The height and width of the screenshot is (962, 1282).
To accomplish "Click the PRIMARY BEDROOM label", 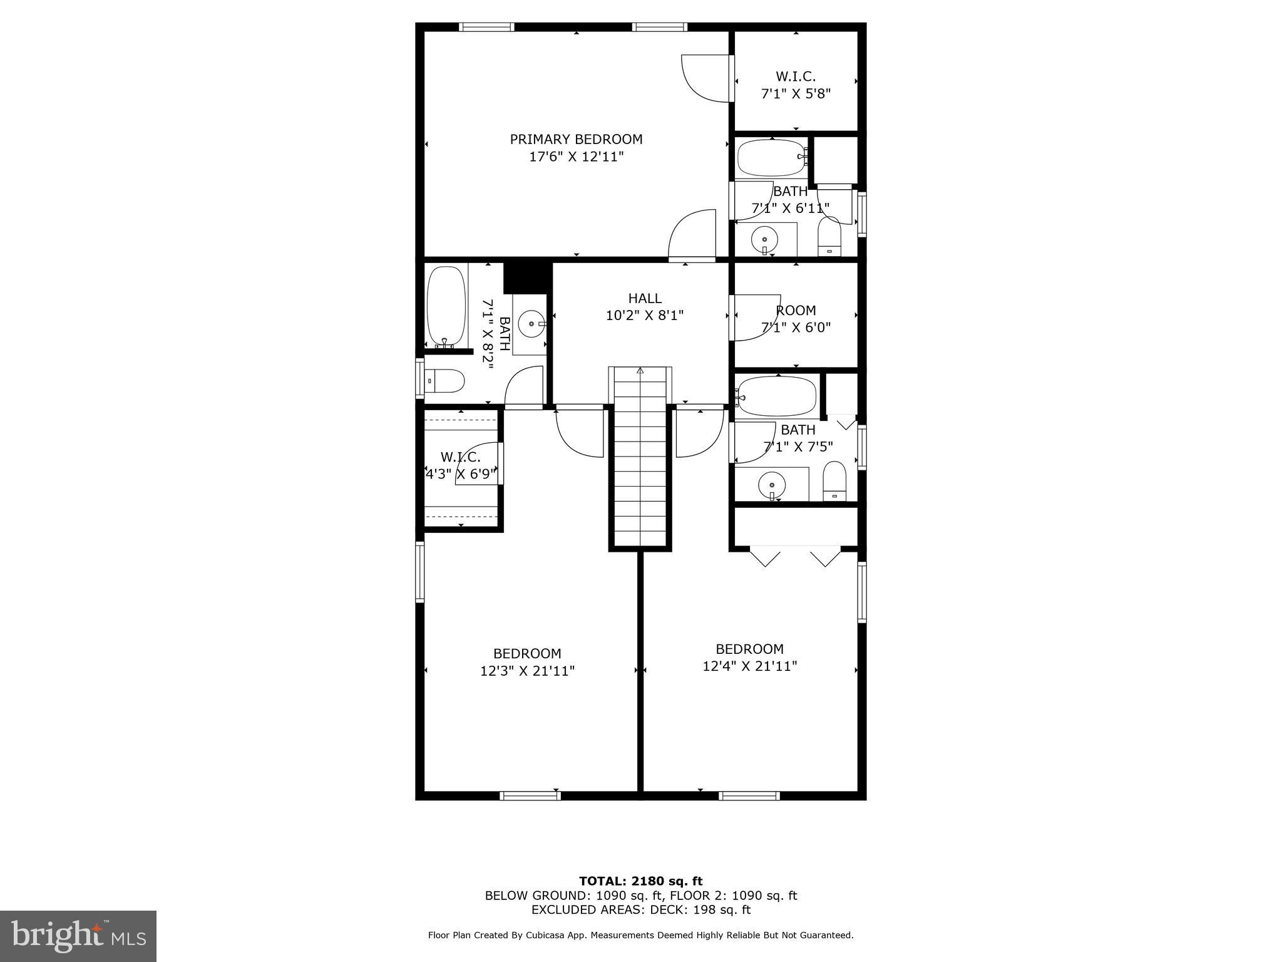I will (x=576, y=140).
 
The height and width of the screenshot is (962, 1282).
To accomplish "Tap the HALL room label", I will (x=644, y=299).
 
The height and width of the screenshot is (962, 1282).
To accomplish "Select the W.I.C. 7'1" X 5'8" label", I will (x=796, y=85).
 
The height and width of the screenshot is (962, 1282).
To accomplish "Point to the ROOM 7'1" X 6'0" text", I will (x=796, y=319).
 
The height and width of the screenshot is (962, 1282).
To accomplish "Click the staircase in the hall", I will (x=640, y=457).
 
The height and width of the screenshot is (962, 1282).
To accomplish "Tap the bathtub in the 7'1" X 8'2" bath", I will (x=446, y=306).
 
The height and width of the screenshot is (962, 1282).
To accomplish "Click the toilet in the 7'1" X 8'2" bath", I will (x=445, y=380).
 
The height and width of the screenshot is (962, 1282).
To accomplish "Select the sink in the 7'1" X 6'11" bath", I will (x=764, y=239).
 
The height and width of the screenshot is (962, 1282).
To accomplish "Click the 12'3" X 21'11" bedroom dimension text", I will (x=527, y=671).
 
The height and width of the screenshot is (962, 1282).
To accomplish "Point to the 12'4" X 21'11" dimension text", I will (x=749, y=666).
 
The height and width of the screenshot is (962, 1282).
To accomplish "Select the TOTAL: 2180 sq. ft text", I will (x=640, y=881).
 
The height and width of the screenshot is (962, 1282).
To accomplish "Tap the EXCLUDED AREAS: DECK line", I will (x=640, y=910).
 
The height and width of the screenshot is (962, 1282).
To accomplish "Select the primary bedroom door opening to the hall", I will (x=692, y=235).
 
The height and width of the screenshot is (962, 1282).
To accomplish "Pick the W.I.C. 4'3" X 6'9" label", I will (x=461, y=465).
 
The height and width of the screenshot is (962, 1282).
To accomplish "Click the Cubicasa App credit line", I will (x=640, y=935).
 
